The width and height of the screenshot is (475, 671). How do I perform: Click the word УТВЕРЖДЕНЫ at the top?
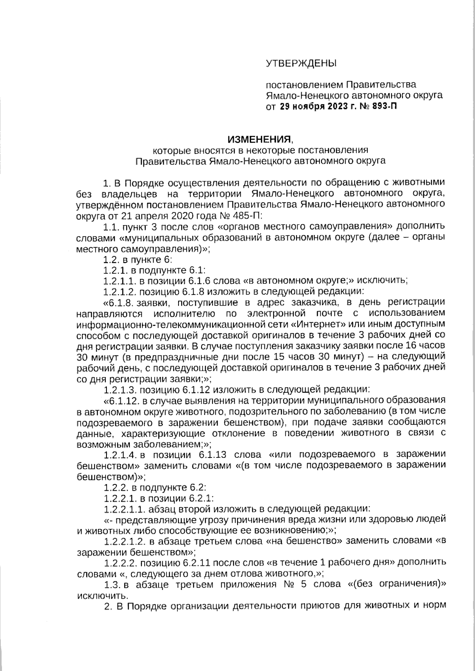[x=300, y=63]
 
